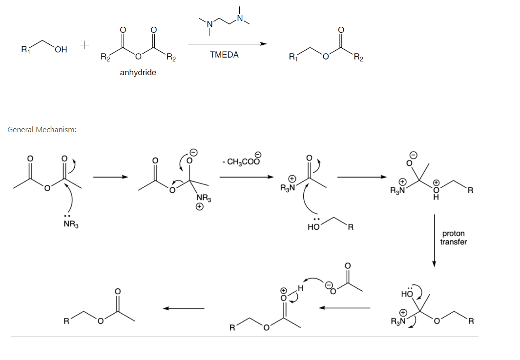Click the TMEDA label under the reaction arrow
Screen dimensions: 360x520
coord(224,55)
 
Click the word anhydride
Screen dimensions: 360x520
coord(138,73)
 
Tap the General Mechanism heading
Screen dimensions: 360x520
coord(42,130)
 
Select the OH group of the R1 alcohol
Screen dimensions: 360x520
coord(61,49)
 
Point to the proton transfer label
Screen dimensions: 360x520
coord(453,238)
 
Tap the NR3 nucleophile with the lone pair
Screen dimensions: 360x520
coord(71,224)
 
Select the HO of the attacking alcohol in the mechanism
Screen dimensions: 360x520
coord(313,227)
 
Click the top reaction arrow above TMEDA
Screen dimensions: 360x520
coord(227,44)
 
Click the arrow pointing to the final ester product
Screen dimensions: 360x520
coord(184,308)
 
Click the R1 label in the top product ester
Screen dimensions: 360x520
coord(292,58)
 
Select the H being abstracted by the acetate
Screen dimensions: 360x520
coord(301,289)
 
